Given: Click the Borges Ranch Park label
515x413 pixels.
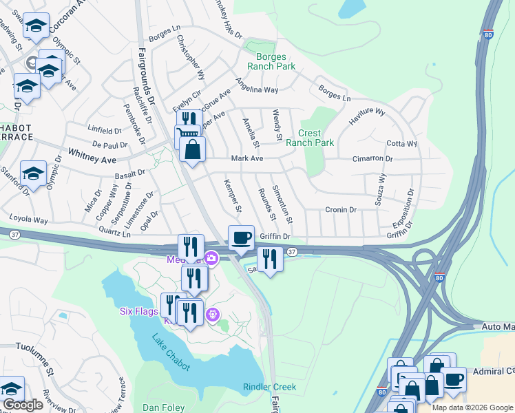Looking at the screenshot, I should (x=275, y=61).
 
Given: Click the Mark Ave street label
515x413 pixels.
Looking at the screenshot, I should (x=247, y=158).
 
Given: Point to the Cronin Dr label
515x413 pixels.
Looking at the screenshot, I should (x=341, y=210).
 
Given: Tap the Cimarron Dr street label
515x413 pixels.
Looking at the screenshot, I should (x=372, y=158).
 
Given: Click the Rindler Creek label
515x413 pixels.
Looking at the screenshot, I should (x=270, y=387).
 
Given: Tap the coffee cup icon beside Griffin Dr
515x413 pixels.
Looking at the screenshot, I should (x=241, y=237).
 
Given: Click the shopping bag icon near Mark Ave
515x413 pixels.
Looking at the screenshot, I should (x=192, y=149).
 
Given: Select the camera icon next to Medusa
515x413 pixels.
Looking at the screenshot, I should (x=211, y=258).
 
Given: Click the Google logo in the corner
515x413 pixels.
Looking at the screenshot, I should (x=23, y=405).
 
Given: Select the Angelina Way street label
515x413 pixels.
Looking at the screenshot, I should (x=257, y=85).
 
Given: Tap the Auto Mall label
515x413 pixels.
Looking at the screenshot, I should (x=498, y=326).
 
